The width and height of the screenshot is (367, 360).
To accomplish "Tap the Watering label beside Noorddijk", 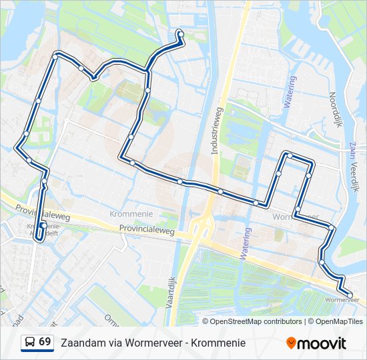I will click(x=290, y=92).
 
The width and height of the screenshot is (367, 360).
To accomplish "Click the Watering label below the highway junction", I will click(x=246, y=243).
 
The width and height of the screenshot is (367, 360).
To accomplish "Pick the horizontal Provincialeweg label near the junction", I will click(x=147, y=229).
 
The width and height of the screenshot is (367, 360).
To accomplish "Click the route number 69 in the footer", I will click(x=45, y=342).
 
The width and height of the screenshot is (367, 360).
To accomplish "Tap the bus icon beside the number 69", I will click(x=30, y=343).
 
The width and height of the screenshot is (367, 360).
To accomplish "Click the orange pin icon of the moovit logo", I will click(x=291, y=343).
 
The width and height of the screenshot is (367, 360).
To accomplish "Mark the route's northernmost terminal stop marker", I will click(x=180, y=33).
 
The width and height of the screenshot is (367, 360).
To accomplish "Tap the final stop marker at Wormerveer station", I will click(x=350, y=294).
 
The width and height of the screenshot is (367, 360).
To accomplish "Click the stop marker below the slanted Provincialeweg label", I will click(x=43, y=225).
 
